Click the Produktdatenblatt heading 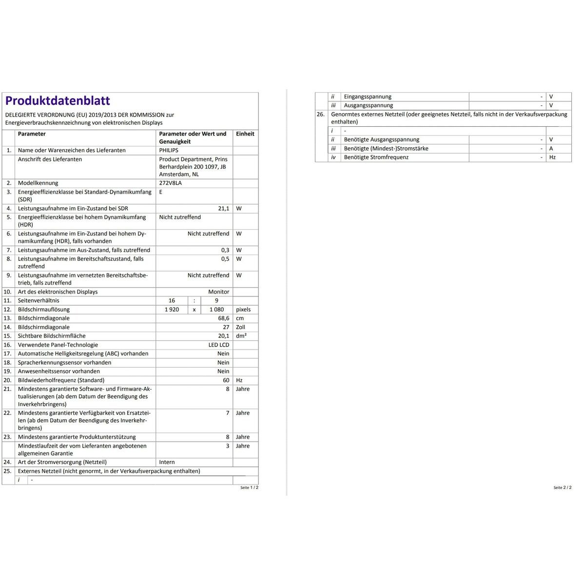point(58,101)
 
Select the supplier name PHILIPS point(169,151)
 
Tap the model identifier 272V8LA point(170,183)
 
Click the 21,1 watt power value point(223,209)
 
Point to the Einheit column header point(245,134)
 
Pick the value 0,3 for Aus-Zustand point(225,250)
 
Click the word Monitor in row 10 point(218,292)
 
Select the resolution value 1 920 point(172,310)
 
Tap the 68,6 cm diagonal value point(223,318)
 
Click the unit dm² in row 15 point(241,336)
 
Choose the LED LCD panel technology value point(218,345)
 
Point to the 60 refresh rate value point(226,380)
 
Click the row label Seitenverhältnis point(39,301)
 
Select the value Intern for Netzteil point(167,462)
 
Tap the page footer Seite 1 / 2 point(249,487)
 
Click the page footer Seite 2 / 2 point(562,487)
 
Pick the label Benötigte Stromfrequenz point(376,157)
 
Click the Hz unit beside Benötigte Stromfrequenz point(552,157)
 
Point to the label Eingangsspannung point(368,97)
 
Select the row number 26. point(320,115)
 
